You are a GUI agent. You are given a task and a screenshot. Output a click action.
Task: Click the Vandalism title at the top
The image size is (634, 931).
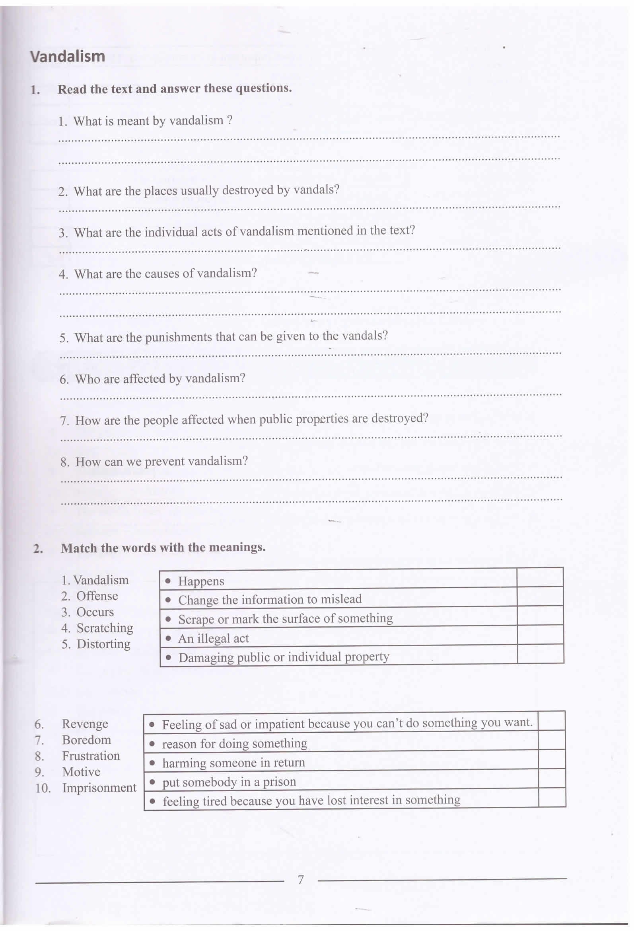click(68, 57)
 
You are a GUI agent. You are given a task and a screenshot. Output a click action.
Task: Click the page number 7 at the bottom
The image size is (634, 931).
click(301, 880)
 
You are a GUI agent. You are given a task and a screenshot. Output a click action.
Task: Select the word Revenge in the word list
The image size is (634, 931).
click(85, 724)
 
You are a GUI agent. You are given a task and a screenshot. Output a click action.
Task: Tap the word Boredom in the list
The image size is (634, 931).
click(86, 740)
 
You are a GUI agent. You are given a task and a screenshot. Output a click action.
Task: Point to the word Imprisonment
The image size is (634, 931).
click(99, 788)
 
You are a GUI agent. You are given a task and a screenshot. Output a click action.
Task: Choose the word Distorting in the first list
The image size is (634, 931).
click(103, 644)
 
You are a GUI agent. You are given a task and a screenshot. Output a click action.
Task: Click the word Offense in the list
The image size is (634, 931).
click(97, 596)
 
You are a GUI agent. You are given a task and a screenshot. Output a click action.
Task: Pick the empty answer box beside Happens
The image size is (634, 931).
click(540, 578)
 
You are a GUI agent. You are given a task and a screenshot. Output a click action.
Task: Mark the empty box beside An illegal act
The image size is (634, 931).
click(540, 635)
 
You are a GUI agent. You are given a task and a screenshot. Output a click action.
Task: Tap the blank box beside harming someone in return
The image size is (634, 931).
click(552, 759)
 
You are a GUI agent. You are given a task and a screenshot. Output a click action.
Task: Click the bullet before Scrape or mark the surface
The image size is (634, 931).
click(169, 619)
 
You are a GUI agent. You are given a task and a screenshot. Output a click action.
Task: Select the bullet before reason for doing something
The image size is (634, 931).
click(152, 743)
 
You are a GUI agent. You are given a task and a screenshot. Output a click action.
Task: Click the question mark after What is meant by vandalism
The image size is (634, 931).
click(229, 120)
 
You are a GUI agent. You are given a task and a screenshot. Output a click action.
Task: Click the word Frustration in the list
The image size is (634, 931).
click(91, 755)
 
